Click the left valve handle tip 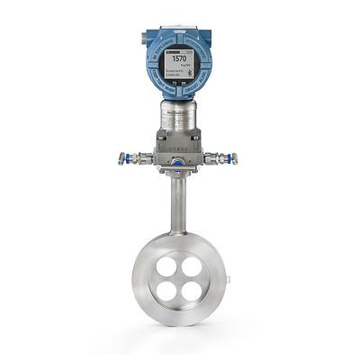[121, 159]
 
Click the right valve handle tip [235, 159]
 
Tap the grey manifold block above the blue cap [178, 144]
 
